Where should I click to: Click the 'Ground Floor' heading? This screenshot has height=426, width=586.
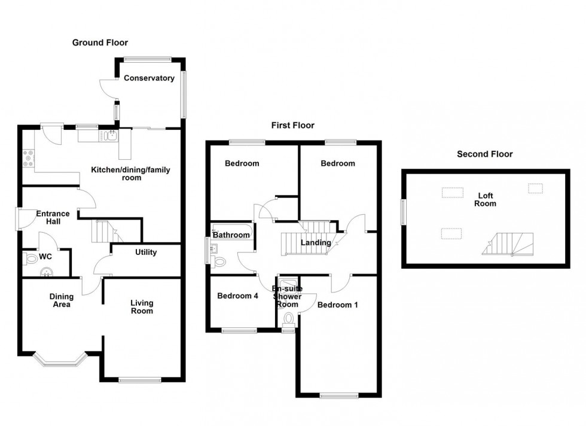(x=100, y=42)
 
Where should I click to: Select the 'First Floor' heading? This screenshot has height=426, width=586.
(x=292, y=125)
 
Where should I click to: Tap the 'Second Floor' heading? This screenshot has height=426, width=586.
(x=484, y=154)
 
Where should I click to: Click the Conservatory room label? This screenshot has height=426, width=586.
(x=149, y=78)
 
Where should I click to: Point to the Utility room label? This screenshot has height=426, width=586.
(x=146, y=252)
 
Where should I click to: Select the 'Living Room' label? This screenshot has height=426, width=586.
(x=142, y=306)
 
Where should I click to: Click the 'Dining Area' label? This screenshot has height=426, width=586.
(x=61, y=300)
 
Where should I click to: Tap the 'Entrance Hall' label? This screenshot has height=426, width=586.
(x=53, y=217)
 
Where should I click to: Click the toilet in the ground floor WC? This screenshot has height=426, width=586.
(x=30, y=258)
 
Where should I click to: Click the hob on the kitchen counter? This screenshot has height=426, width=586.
(x=29, y=157)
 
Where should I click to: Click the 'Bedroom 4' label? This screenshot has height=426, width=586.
(x=237, y=296)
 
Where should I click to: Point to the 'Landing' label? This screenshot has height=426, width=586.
(x=315, y=242)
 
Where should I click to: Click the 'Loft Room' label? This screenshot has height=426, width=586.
(x=485, y=199)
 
